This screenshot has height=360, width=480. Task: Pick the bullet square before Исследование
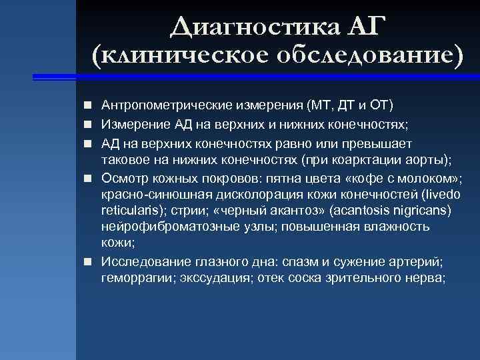coord(88,262)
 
